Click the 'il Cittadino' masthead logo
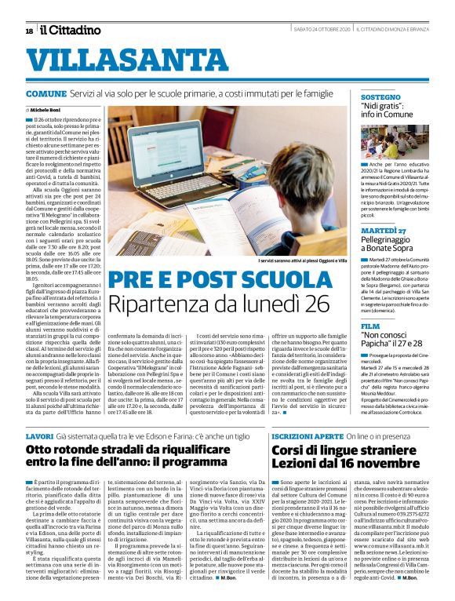point(71,30)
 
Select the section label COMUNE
point(45,93)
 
